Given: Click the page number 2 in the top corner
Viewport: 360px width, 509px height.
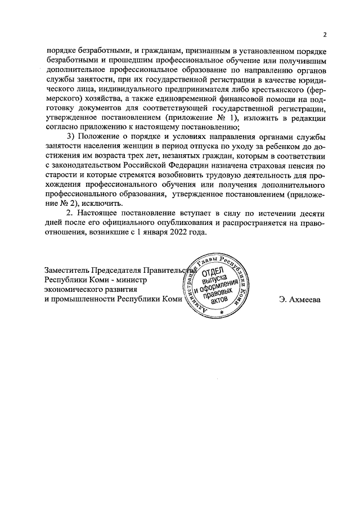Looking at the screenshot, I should coord(324,33).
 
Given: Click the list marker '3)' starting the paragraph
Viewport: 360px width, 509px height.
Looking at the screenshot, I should coord(70,138).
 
